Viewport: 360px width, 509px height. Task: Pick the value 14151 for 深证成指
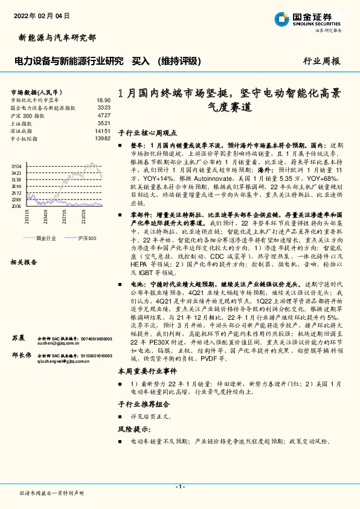(x=102, y=131)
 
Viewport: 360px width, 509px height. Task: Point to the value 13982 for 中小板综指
(x=102, y=138)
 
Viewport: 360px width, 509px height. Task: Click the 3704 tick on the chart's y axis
(x=16, y=166)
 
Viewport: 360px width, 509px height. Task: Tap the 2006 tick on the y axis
(x=16, y=206)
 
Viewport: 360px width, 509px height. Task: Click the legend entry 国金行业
(x=47, y=239)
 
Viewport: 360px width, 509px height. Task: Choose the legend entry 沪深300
(x=86, y=239)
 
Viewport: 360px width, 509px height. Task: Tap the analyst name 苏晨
(x=18, y=337)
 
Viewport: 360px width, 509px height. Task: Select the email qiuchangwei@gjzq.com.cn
(x=66, y=362)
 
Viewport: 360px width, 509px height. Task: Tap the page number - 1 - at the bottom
(x=180, y=487)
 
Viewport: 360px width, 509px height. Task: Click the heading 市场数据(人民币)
(x=37, y=91)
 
